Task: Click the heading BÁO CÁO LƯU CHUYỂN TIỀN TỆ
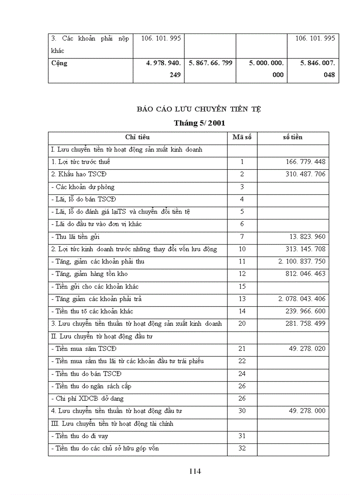[199, 109]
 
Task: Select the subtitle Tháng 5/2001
[199, 123]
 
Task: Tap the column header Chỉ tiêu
[137, 137]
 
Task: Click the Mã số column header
[242, 137]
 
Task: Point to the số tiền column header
[292, 137]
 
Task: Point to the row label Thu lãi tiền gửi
[75, 237]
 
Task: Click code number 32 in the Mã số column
[242, 448]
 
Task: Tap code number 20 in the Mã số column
[242, 324]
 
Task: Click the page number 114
[195, 471]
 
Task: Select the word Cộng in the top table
[60, 63]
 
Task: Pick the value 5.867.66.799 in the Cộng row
[210, 63]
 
